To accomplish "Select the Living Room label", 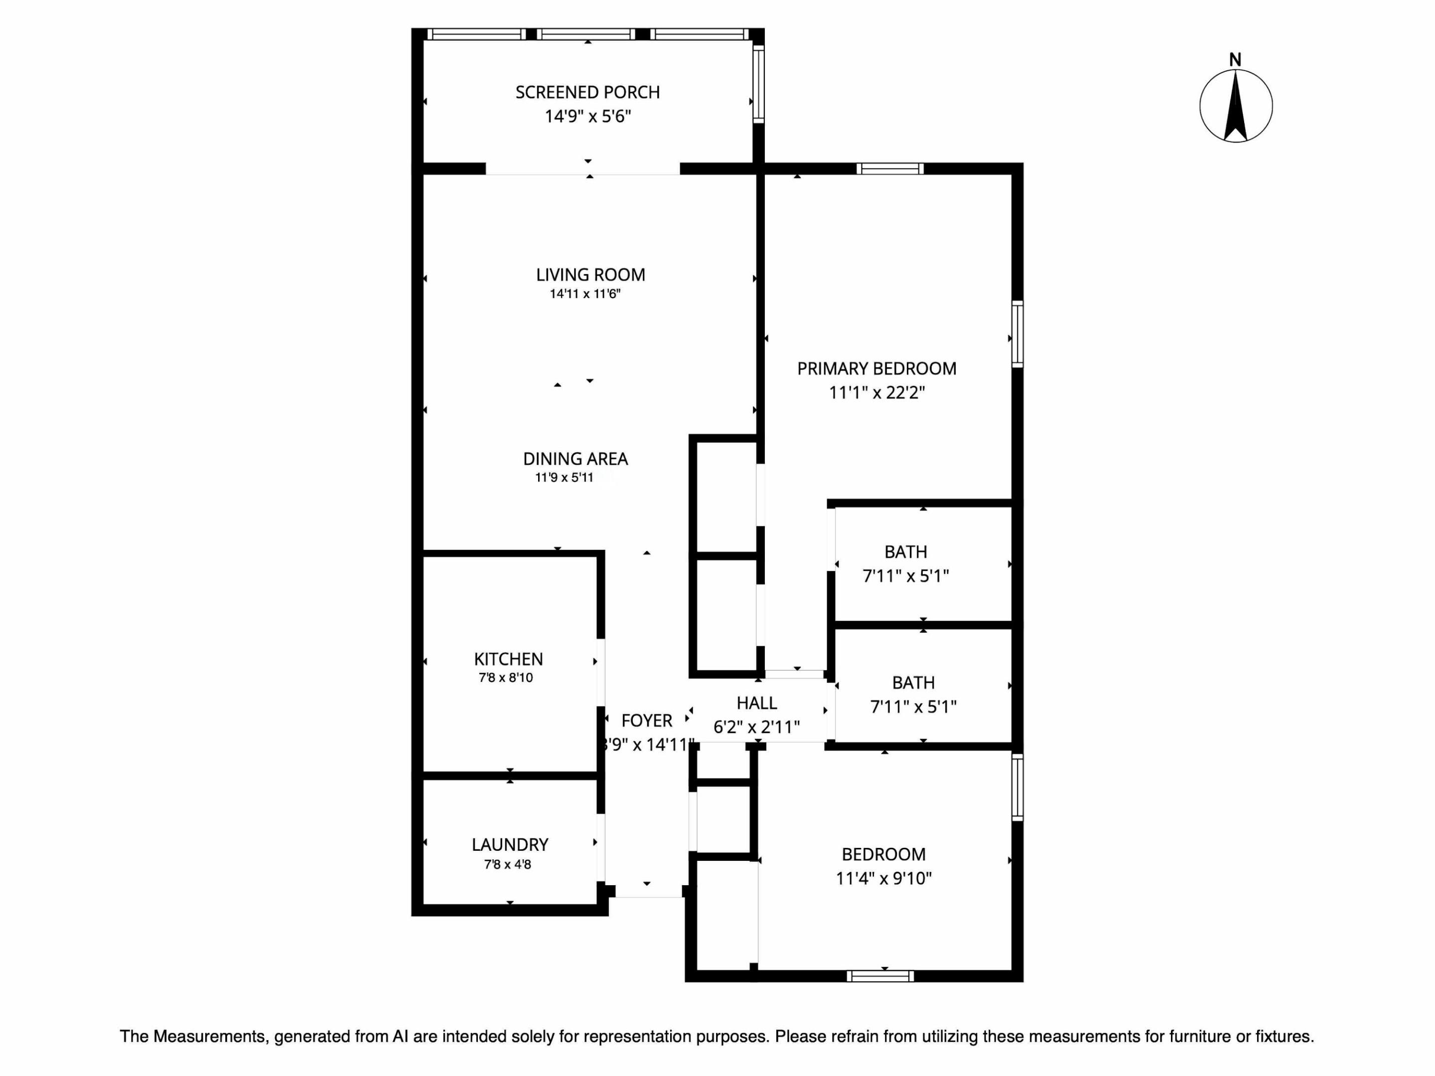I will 590,275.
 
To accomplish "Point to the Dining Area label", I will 575,459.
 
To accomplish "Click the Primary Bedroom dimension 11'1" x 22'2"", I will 876,393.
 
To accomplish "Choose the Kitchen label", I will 508,660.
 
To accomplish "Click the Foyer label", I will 646,721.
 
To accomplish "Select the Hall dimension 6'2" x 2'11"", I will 756,727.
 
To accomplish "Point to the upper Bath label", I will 906,552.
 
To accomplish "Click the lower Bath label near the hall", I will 913,682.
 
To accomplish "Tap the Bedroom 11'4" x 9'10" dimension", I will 883,878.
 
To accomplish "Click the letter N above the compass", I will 1235,60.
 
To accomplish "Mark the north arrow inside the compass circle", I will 1236,107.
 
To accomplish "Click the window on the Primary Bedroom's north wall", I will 889,169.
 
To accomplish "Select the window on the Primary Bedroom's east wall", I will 1017,334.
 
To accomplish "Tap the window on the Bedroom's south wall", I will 880,976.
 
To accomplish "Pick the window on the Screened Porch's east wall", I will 758,83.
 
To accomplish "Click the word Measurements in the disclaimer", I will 210,1037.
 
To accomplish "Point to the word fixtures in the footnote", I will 1285,1037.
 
